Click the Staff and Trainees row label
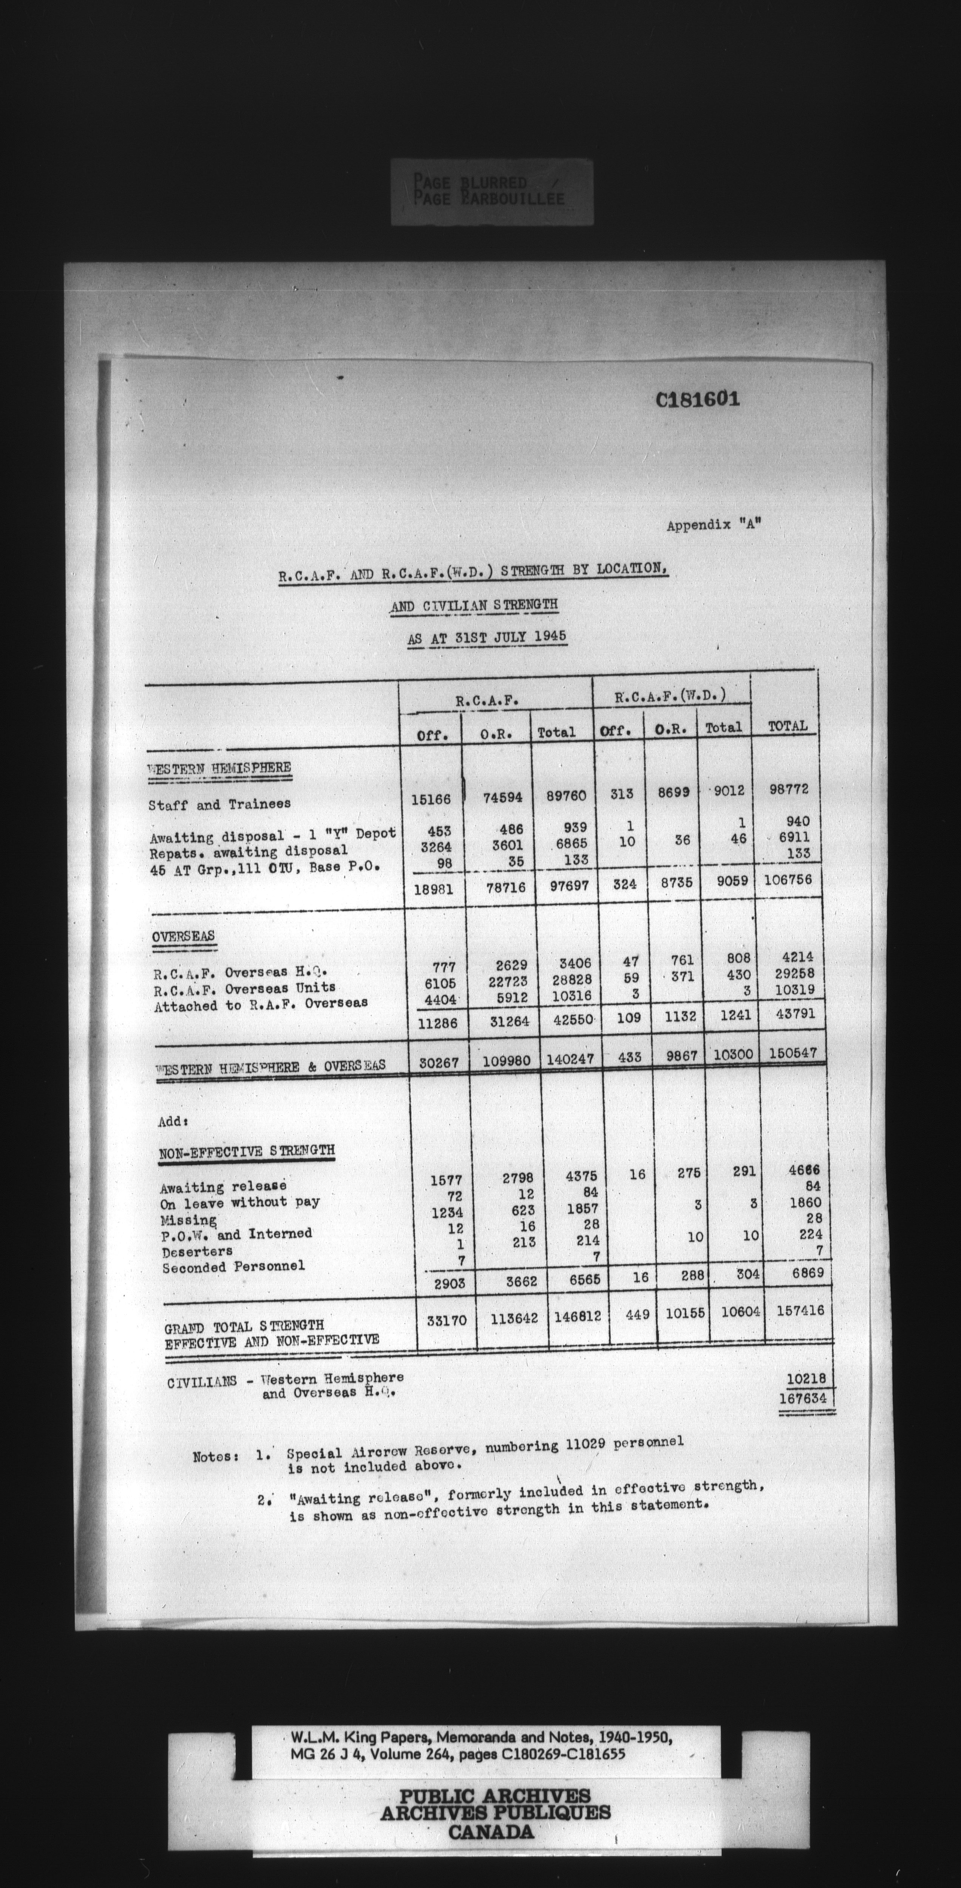pos(219,804)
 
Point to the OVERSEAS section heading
pos(184,938)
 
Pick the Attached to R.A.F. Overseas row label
pos(260,1004)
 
